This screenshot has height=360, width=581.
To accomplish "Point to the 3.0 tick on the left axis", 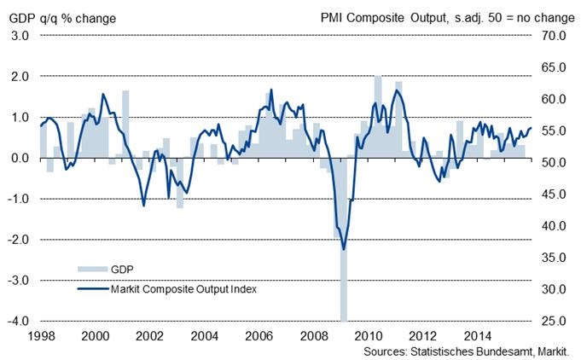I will click(x=20, y=36).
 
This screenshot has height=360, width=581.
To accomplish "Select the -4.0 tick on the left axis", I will click(x=19, y=322).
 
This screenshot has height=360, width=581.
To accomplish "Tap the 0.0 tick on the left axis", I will click(x=20, y=159).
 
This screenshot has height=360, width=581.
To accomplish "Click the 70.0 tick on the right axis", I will click(x=554, y=36).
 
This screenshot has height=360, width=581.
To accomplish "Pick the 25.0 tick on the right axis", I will click(x=554, y=322).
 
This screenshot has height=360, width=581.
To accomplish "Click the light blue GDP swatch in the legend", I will click(x=93, y=270).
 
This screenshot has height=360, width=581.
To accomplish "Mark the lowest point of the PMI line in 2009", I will click(x=344, y=249).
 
